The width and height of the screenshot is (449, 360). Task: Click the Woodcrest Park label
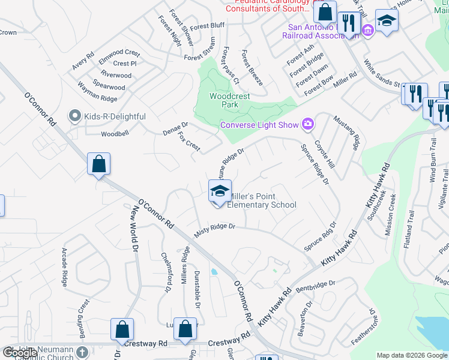tap(224, 100)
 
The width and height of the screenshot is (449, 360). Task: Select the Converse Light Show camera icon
tap(308, 124)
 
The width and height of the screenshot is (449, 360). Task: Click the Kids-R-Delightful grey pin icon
tap(75, 115)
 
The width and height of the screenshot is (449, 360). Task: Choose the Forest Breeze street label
tap(252, 68)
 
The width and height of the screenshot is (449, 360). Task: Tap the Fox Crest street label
tap(189, 142)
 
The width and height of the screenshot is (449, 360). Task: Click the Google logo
tap(20, 353)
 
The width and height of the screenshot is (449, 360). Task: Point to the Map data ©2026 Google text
tap(412, 355)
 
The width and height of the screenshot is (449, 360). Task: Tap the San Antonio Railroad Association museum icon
tap(367, 30)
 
